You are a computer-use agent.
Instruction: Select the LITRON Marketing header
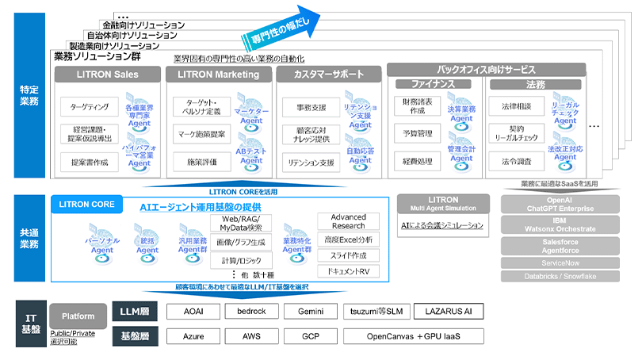[216, 75]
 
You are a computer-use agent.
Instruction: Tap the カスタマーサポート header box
[328, 75]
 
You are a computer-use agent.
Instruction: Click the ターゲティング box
[84, 105]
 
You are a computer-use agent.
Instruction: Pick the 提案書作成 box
[84, 162]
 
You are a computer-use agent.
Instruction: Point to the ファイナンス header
[434, 84]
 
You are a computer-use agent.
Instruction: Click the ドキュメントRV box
[348, 271]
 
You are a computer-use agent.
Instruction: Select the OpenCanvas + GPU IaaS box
[413, 336]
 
